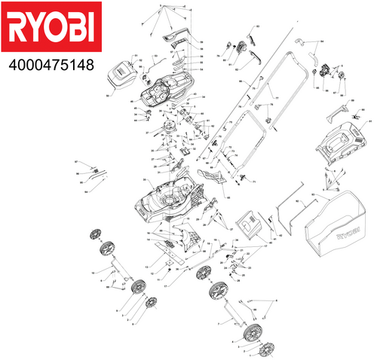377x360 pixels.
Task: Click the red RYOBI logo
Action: [50, 29]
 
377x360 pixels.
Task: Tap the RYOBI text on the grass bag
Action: [348, 234]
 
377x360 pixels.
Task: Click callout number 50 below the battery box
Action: [109, 96]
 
